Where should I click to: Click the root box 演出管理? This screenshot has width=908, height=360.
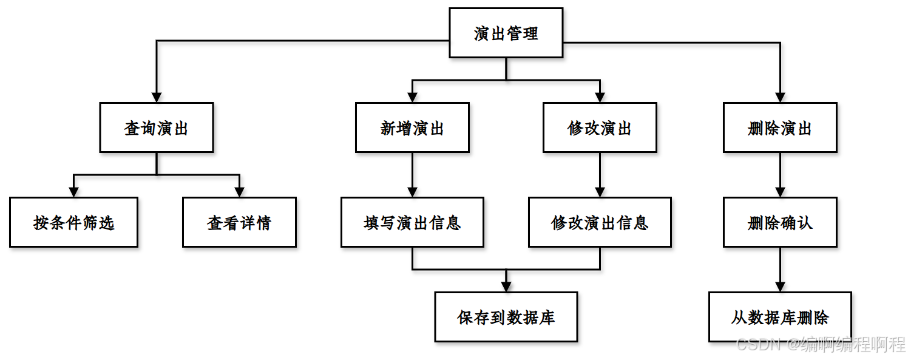(x=506, y=33)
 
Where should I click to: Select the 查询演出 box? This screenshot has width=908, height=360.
(x=157, y=127)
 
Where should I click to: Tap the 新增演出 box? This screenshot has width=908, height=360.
(x=412, y=127)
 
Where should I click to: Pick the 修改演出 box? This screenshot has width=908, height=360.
(x=600, y=127)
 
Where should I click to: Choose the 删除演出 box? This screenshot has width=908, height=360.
(x=780, y=127)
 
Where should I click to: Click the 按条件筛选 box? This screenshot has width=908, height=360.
(x=73, y=222)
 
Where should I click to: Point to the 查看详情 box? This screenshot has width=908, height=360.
(x=239, y=222)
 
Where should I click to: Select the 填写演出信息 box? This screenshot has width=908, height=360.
(x=412, y=222)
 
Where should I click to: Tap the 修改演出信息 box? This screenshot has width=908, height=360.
(x=600, y=222)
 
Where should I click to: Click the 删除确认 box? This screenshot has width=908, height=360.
(x=780, y=222)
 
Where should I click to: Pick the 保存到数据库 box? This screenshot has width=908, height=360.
(x=506, y=317)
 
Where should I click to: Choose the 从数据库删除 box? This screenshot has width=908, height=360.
(x=780, y=317)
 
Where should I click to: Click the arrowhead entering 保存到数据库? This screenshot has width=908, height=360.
(x=506, y=287)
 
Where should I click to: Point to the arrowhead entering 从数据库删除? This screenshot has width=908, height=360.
(x=780, y=287)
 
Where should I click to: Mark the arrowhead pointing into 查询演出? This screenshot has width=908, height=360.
(x=157, y=97)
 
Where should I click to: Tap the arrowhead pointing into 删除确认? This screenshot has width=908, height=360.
(x=780, y=192)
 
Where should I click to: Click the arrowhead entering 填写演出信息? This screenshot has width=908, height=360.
(x=412, y=192)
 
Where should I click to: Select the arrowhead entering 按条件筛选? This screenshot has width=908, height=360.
(x=73, y=192)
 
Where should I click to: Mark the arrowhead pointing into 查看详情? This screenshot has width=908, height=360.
(x=239, y=192)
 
